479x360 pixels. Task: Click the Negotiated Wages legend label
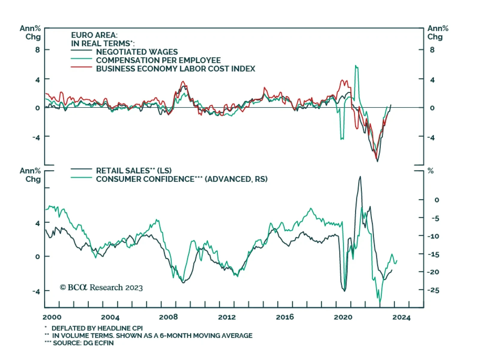click(137, 52)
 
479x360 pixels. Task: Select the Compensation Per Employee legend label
click(158, 60)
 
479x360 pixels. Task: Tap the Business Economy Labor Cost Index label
click(175, 69)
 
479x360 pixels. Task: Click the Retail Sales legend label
click(134, 171)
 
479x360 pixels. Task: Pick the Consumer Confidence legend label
click(181, 179)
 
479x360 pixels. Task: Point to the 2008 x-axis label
click(168, 317)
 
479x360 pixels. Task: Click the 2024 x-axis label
click(401, 317)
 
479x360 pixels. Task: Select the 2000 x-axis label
click(52, 317)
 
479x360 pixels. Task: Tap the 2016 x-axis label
click(285, 317)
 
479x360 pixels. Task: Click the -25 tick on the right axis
click(433, 290)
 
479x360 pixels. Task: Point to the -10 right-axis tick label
click(433, 236)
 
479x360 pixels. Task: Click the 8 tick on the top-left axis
click(37, 50)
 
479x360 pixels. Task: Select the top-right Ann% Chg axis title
click(438, 33)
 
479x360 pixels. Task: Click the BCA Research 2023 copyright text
click(101, 288)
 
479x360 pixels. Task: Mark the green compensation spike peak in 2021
click(356, 66)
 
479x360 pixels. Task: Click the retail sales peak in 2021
click(360, 177)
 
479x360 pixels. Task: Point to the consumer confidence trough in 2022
click(380, 302)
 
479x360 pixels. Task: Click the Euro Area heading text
click(94, 35)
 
